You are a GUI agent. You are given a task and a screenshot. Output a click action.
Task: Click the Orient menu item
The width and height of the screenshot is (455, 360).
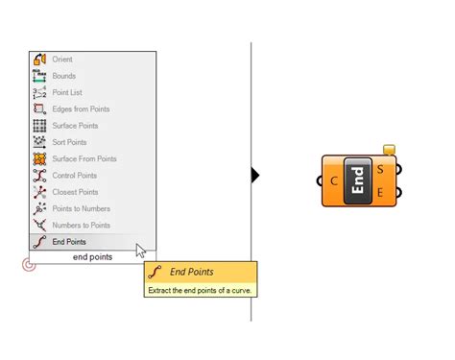pos(61,60)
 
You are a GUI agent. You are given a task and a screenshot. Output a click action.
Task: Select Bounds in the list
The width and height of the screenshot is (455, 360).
pos(63,76)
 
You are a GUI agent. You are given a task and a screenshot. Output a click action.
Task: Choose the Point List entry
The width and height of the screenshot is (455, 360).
pos(67,92)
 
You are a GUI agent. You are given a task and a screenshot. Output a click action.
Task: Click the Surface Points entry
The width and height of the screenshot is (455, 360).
pos(74,126)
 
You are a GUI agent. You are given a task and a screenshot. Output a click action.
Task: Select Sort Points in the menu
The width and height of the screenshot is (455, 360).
pos(69,142)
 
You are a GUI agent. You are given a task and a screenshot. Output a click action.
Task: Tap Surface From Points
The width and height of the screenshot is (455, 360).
pos(84,158)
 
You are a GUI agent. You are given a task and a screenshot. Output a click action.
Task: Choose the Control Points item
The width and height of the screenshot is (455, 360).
pos(74,176)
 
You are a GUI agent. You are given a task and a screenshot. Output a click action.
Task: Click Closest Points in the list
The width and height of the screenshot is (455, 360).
pos(74,192)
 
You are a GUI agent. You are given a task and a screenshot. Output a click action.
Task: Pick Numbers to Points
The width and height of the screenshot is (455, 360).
pos(81,225)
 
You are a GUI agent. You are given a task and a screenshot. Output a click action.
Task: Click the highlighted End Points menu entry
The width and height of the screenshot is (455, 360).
pos(69,242)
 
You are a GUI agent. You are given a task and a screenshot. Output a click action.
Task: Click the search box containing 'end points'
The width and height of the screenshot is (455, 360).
pos(93,256)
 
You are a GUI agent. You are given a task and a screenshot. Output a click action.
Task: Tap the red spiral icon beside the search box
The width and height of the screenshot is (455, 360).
pos(29,263)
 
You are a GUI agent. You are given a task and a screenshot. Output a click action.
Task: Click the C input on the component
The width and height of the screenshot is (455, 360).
pos(333,180)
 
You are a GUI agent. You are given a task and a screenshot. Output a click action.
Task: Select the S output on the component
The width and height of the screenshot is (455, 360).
pos(381,170)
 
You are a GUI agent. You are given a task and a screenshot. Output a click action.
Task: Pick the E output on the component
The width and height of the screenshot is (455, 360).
pos(381,193)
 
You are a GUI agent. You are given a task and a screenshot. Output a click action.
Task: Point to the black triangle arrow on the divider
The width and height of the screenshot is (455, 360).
pos(255,175)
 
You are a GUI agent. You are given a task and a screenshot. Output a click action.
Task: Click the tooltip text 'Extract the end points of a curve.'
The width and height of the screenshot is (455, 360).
pos(200,289)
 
